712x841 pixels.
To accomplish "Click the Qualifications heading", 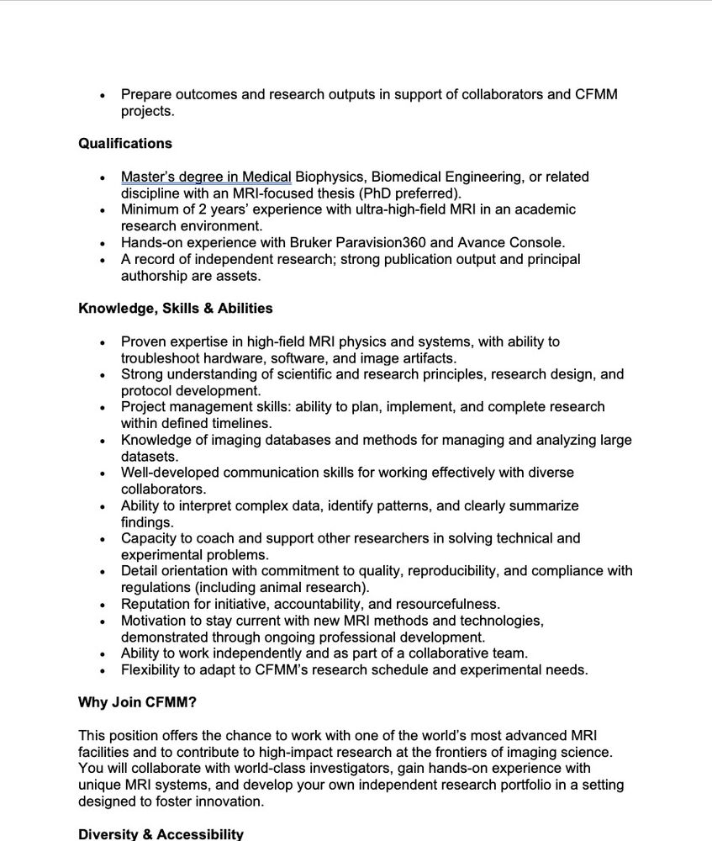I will tap(125, 144).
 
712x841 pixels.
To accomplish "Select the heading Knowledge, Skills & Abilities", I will tap(176, 309).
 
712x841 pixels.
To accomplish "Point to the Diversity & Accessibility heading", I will tap(161, 834).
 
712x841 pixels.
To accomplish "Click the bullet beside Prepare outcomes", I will tap(103, 95).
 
